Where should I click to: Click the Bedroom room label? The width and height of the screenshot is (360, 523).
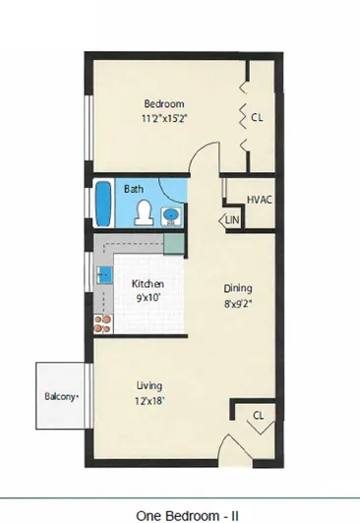click(164, 104)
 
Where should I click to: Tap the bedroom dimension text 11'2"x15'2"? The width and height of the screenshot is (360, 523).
click(164, 118)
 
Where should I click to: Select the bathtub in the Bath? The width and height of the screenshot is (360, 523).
click(103, 203)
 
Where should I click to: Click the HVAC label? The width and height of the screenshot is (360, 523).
click(260, 200)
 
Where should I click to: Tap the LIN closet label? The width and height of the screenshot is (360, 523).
click(232, 220)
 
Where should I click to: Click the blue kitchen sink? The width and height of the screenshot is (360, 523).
click(104, 275)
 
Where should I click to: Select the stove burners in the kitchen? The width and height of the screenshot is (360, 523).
click(102, 324)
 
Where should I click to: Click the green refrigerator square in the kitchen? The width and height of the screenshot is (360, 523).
click(174, 244)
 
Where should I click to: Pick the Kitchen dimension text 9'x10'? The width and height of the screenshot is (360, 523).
click(149, 297)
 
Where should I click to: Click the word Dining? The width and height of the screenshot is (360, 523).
click(238, 288)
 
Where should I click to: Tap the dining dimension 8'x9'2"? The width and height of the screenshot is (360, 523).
click(238, 304)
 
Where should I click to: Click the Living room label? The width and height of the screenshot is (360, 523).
click(150, 386)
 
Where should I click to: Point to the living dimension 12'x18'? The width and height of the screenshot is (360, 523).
click(150, 400)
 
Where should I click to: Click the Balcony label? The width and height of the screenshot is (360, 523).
click(61, 396)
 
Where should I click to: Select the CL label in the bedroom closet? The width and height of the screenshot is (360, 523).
click(257, 117)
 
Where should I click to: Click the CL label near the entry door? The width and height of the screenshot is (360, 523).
click(259, 415)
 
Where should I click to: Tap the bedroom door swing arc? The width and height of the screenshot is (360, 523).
click(200, 148)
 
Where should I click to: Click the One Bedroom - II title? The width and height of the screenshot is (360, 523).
click(187, 516)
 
